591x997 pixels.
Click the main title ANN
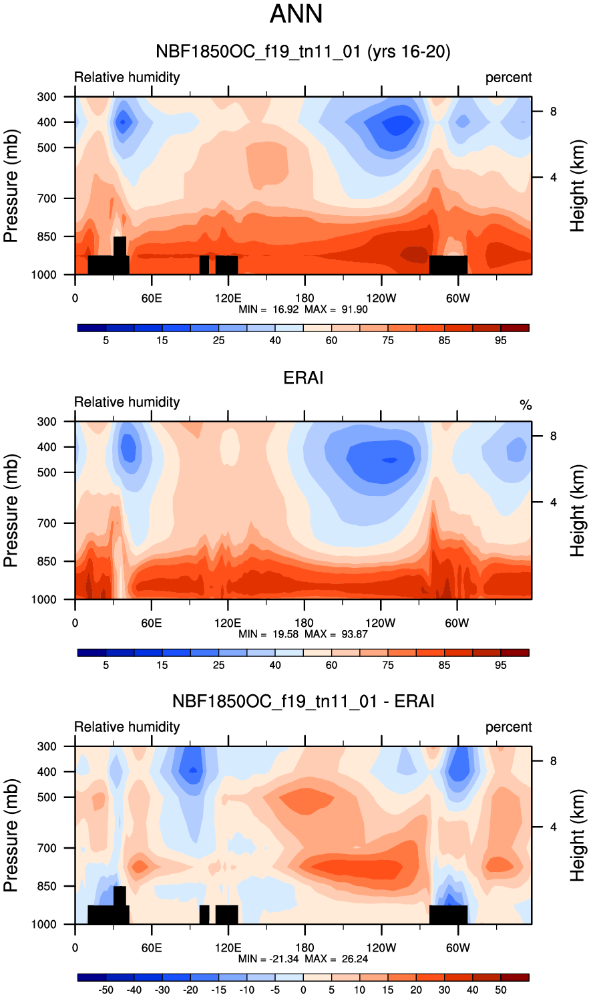click(296, 14)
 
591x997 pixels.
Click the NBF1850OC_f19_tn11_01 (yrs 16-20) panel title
click(303, 51)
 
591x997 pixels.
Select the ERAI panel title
click(303, 378)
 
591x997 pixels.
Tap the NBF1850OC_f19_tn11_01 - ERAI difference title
click(303, 701)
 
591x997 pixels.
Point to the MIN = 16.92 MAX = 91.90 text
click(303, 309)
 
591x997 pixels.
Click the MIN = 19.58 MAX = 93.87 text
click(303, 634)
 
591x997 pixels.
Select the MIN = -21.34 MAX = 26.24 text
click(303, 959)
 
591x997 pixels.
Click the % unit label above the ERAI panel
click(526, 405)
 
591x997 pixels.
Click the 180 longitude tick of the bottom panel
click(305, 948)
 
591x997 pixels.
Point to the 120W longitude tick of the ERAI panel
click(381, 623)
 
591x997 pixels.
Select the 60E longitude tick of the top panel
click(152, 298)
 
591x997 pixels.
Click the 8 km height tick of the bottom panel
click(554, 761)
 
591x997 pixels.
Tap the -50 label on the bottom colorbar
click(106, 990)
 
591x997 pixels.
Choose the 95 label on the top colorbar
click(501, 340)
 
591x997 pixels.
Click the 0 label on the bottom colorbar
click(303, 990)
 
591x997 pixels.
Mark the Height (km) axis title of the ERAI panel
click(578, 511)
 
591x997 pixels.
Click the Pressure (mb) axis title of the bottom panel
click(11, 835)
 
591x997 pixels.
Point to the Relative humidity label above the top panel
click(127, 78)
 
